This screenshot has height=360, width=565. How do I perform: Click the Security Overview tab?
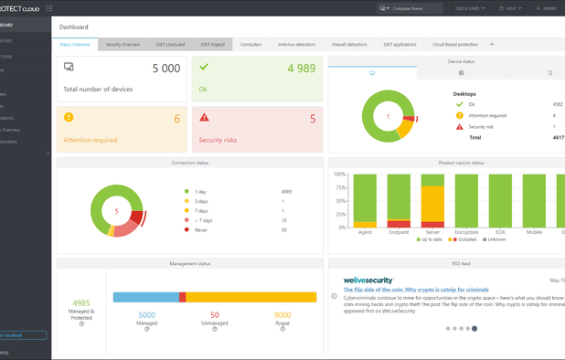[x=123, y=44]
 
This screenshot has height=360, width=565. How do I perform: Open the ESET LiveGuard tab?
[x=170, y=44]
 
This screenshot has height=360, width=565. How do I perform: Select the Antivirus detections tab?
[x=296, y=44]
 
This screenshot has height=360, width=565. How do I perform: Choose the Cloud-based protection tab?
[x=454, y=44]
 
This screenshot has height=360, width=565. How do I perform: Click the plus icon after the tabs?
[x=492, y=44]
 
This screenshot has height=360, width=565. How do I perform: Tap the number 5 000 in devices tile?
[x=165, y=69]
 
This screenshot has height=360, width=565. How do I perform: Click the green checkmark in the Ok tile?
[x=204, y=67]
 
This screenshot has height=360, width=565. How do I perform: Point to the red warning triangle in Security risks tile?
[x=204, y=117]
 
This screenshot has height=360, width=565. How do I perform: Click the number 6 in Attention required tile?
[x=176, y=119]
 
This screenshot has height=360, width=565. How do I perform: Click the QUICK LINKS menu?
[x=469, y=8]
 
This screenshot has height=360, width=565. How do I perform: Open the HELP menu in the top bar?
[x=510, y=8]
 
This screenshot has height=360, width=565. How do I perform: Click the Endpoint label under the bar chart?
[x=399, y=232]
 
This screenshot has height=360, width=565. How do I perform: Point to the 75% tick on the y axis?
[x=339, y=188]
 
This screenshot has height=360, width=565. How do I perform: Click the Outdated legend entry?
[x=465, y=239]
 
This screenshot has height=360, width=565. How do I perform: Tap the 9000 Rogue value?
[x=282, y=315]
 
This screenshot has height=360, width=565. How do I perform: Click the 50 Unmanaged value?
[x=214, y=315]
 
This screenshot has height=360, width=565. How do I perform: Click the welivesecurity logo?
[x=368, y=281]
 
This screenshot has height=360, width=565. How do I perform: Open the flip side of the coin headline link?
[x=416, y=290]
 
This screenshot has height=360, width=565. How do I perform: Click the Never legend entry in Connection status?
[x=200, y=230]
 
